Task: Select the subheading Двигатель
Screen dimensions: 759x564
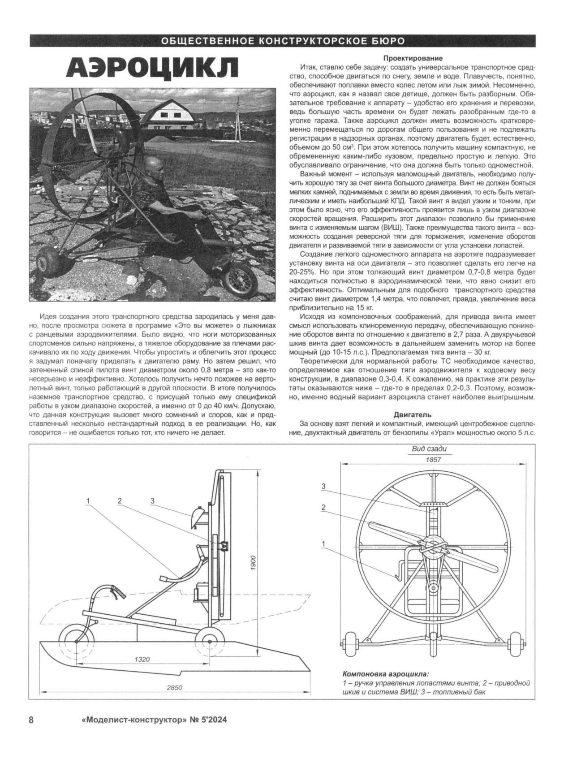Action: pyautogui.click(x=413, y=414)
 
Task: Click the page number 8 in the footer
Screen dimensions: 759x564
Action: pyautogui.click(x=31, y=720)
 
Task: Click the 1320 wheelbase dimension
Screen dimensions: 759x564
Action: pyautogui.click(x=142, y=659)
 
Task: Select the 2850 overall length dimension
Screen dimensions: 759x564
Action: pyautogui.click(x=175, y=688)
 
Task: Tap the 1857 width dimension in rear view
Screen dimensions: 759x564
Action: pyautogui.click(x=434, y=460)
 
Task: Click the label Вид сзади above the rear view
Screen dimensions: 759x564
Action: pyautogui.click(x=429, y=449)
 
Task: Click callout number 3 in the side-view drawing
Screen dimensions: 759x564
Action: pyautogui.click(x=152, y=501)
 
